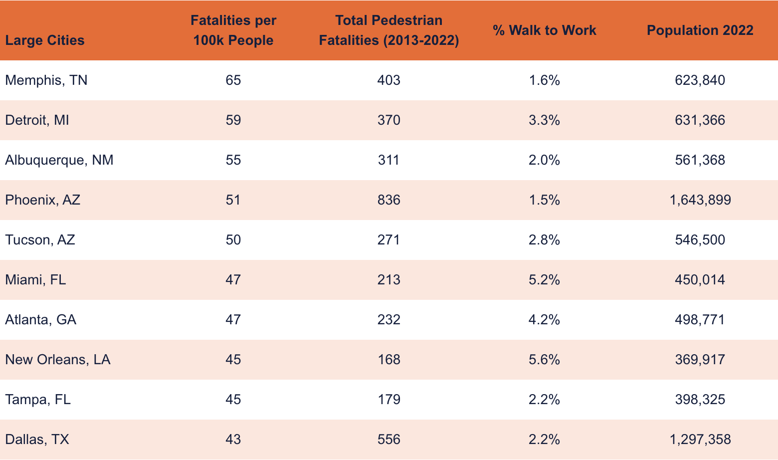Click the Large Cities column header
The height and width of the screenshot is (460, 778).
[x=45, y=40]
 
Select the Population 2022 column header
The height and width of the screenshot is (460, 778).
[x=700, y=30]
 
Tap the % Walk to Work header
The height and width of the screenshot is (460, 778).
[x=544, y=30]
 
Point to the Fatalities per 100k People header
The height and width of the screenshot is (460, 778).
[x=233, y=30]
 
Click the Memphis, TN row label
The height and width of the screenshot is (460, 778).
[x=46, y=80]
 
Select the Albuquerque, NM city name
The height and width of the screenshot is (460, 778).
[x=59, y=160]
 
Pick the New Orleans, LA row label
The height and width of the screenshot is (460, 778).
[x=58, y=359]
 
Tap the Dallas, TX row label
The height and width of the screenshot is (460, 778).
[x=37, y=439]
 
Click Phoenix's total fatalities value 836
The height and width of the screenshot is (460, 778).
[x=389, y=200]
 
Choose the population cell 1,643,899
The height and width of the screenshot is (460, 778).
[x=700, y=200]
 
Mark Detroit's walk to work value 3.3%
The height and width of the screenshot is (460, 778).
[x=544, y=120]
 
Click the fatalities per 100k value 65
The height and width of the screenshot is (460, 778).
[x=233, y=80]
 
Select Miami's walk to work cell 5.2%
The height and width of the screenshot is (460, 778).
[x=544, y=279]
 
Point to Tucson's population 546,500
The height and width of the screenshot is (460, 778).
[x=700, y=239]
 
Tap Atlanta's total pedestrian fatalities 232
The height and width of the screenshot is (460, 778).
[x=389, y=319]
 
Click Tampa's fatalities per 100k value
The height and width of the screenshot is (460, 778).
[x=233, y=399]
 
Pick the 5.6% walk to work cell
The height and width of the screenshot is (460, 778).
[x=544, y=359]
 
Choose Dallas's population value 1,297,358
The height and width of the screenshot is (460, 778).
[x=700, y=439]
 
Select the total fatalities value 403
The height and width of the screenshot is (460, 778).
[x=389, y=80]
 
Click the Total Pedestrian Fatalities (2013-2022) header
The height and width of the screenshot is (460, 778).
[x=389, y=30]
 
